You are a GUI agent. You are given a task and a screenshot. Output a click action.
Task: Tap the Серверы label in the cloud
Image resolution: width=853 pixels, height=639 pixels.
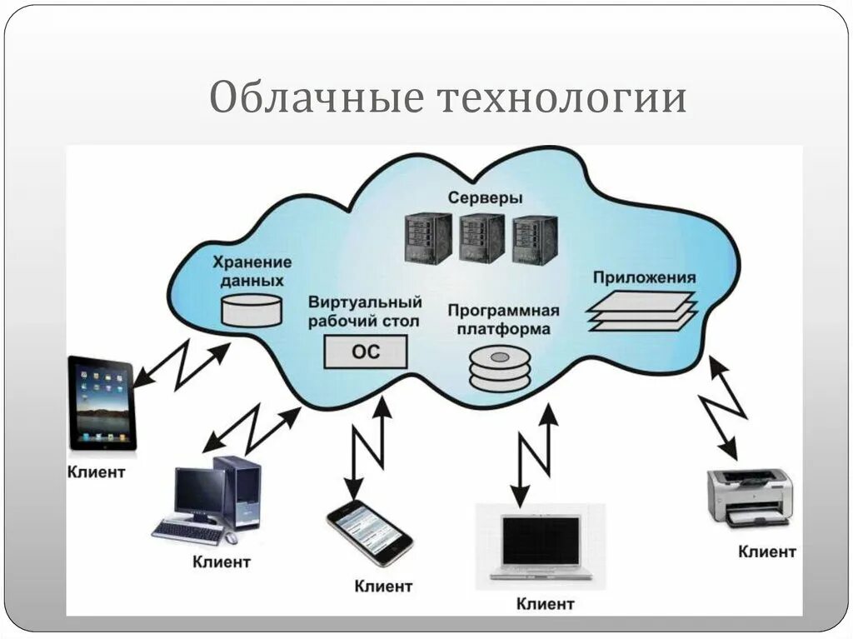tap(485, 198)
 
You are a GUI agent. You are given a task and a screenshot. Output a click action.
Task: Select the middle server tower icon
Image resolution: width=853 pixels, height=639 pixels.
tap(481, 238)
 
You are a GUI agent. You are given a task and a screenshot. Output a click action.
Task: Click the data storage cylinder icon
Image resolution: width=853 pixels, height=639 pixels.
tap(252, 309)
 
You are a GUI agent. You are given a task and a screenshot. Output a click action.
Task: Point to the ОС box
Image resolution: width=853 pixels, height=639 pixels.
tap(365, 352)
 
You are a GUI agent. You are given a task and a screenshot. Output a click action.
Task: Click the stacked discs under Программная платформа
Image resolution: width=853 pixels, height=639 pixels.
tap(499, 369)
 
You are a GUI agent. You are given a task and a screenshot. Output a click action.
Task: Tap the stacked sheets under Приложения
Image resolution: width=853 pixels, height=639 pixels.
tap(641, 312)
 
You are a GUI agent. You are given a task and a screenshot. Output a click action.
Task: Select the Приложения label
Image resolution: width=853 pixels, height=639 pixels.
tap(644, 277)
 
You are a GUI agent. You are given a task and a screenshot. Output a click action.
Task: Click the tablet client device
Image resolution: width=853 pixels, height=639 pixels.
tap(102, 403)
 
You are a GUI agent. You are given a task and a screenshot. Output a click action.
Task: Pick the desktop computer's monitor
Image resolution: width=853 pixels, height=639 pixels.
tap(199, 492)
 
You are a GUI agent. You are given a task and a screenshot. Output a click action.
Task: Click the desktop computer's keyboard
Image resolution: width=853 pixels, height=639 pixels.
tap(187, 532)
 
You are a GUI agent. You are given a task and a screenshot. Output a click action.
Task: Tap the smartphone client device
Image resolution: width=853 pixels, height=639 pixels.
tap(369, 532)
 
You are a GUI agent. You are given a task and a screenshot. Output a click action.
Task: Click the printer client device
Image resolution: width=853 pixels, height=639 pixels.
tap(749, 497)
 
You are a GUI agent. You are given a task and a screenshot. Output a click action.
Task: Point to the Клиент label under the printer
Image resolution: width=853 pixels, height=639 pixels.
tap(766, 551)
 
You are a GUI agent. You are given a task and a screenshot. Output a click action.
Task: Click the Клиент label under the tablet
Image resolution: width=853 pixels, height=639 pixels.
tap(96, 472)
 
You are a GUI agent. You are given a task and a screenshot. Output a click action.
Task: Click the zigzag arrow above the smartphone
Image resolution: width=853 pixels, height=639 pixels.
tap(367, 447)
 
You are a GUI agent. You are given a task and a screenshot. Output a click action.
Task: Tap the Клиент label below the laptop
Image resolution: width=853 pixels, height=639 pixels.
tap(545, 603)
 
